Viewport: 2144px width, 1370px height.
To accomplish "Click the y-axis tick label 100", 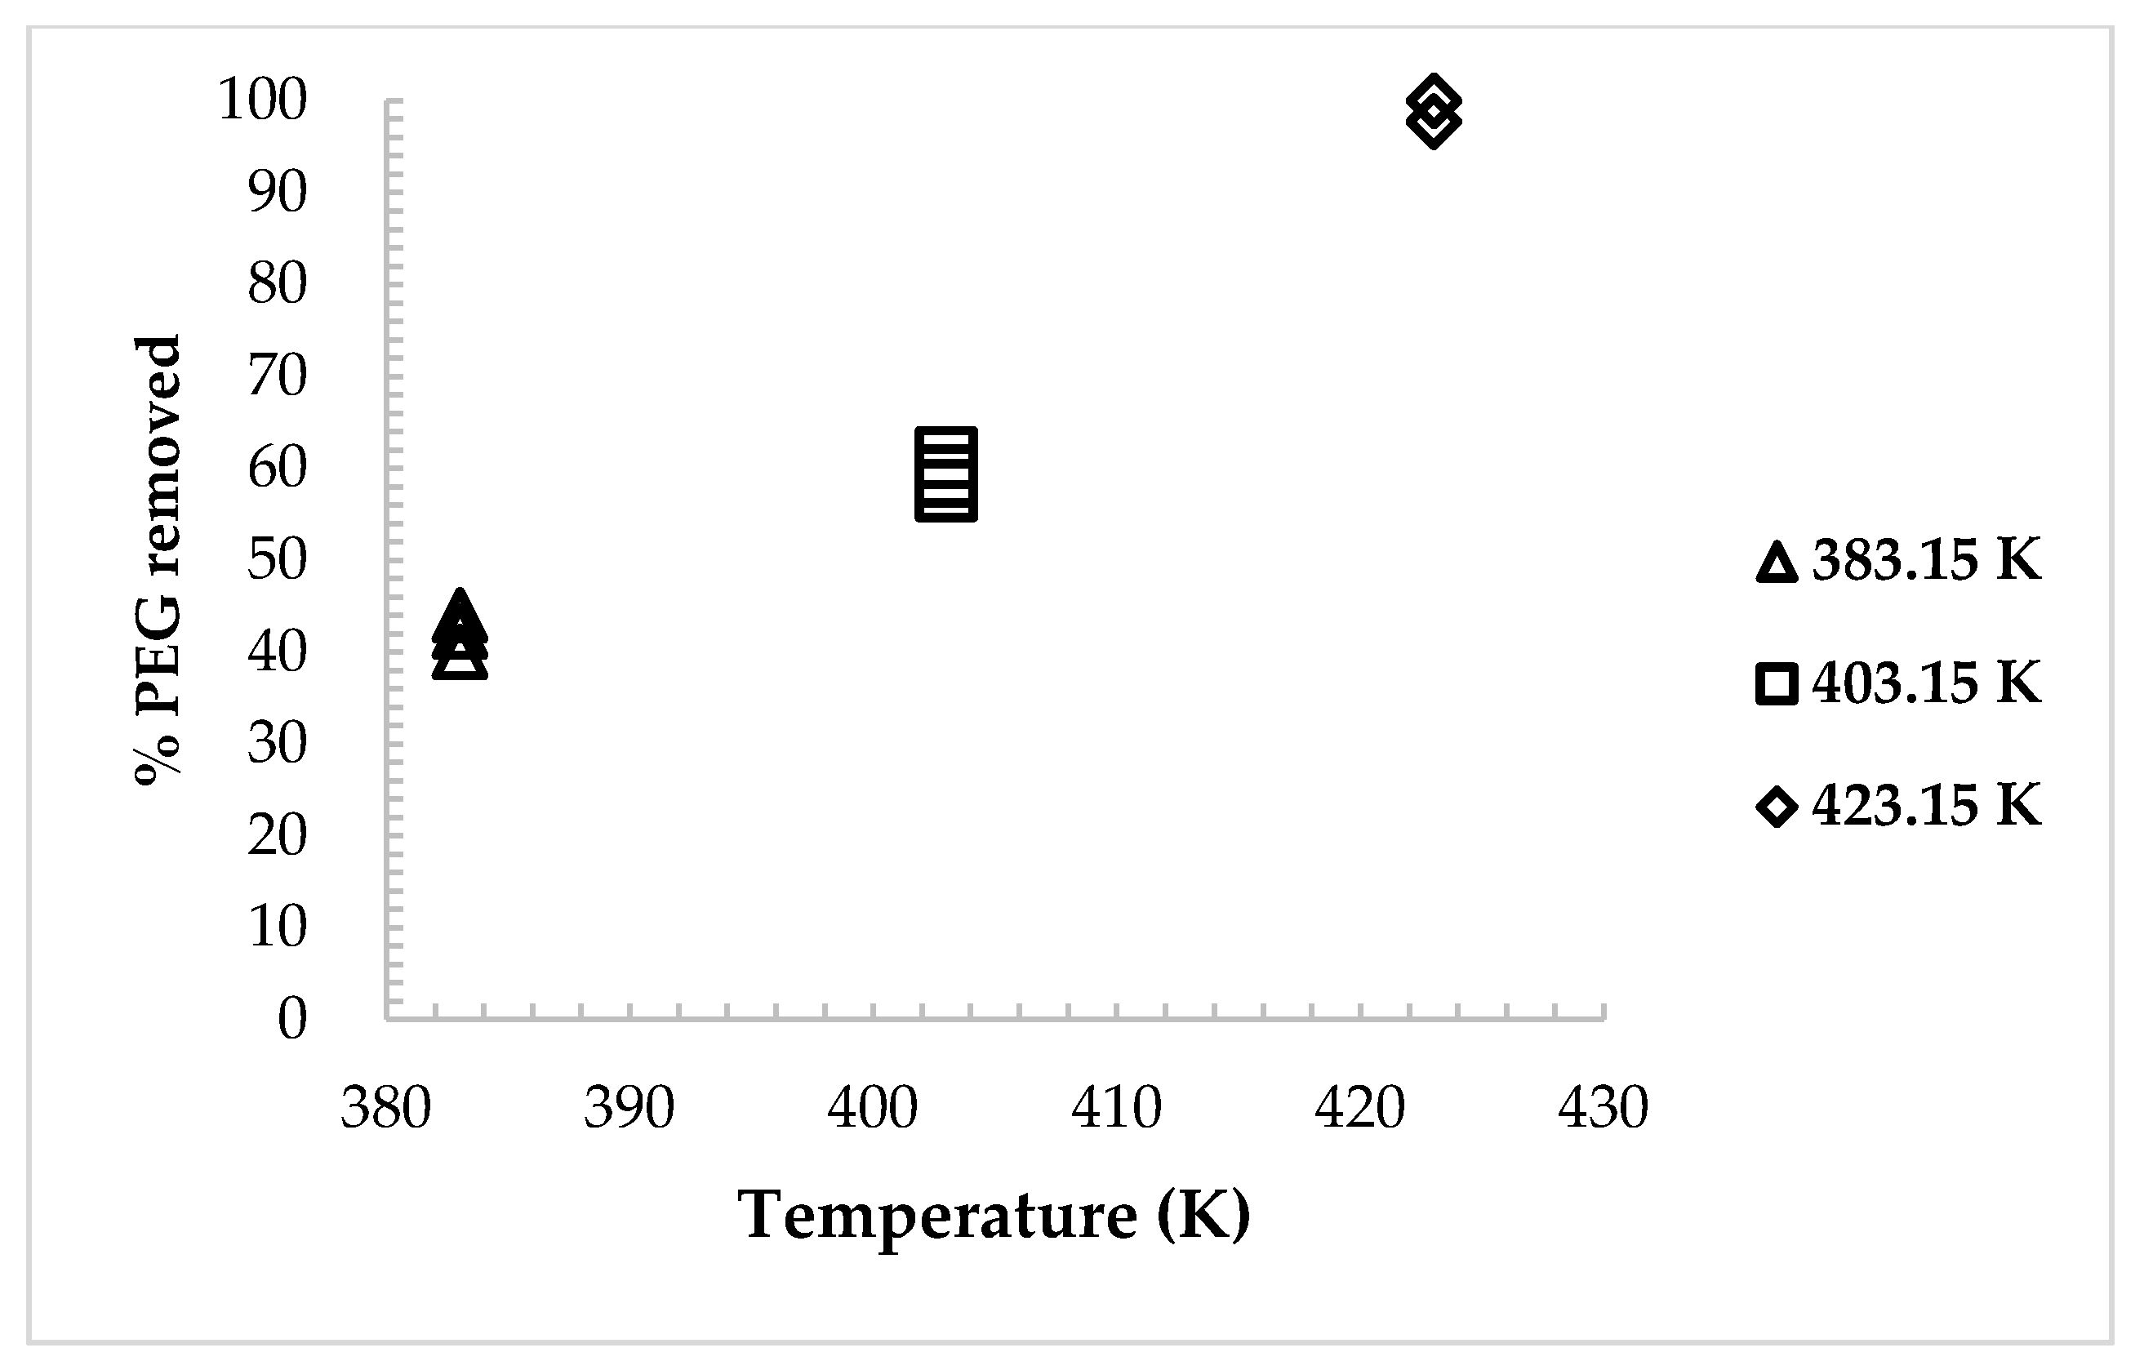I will click(262, 99).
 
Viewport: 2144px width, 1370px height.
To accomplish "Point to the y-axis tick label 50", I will click(277, 559).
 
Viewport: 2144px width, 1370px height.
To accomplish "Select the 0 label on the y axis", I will click(292, 1017).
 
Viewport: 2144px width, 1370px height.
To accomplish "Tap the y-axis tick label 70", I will click(277, 375).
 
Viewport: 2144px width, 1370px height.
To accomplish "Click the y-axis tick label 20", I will click(277, 834).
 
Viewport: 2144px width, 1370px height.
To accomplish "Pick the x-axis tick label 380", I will click(385, 1108).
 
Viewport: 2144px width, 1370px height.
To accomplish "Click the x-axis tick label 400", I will click(873, 1108).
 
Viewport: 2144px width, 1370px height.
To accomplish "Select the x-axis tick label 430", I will click(1604, 1108).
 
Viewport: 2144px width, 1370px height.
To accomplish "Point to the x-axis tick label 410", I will click(1117, 1108).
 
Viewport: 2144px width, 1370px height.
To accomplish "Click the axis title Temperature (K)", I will click(994, 1216).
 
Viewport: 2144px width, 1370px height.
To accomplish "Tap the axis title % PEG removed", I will click(158, 559).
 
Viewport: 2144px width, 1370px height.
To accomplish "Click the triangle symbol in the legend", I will click(1777, 563).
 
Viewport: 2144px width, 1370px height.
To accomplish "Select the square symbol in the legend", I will click(1777, 684).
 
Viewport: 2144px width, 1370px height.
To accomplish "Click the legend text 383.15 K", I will click(1926, 561).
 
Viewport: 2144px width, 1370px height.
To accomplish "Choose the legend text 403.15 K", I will click(1926, 683).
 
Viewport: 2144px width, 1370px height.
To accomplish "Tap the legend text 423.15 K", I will click(1926, 806).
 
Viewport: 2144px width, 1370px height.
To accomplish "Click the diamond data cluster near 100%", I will click(1434, 111).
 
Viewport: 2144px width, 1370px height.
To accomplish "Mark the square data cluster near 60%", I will click(945, 474).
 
